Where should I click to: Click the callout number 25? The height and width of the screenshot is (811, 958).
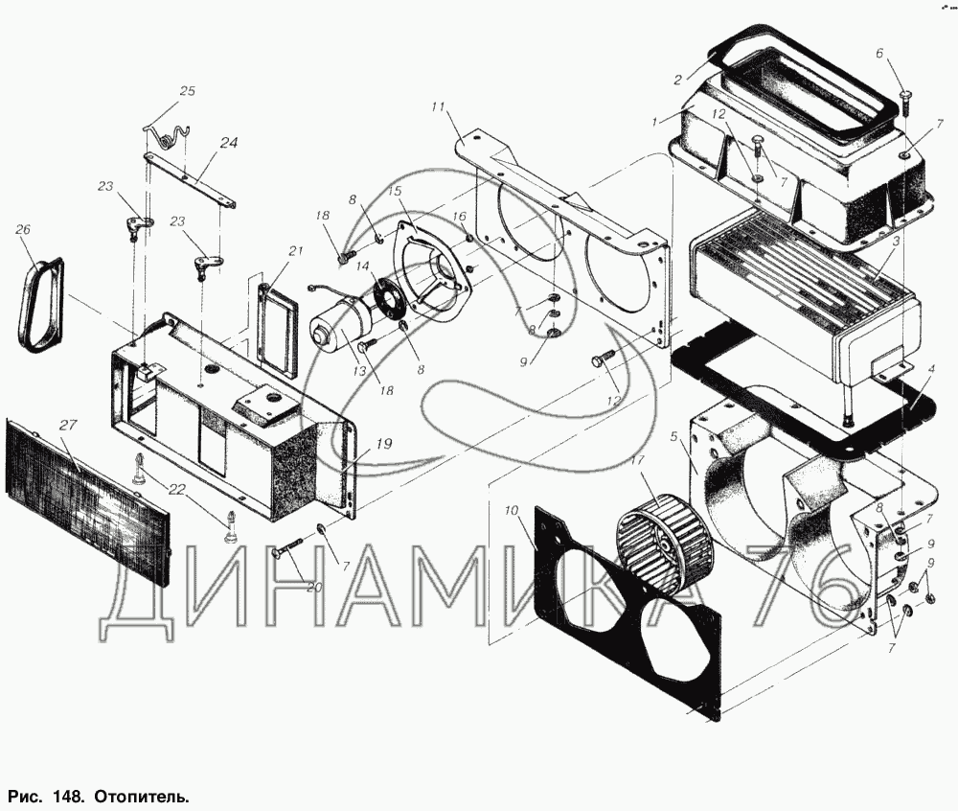(187, 92)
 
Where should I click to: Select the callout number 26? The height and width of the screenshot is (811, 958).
(23, 230)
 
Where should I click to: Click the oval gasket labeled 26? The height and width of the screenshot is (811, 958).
(39, 305)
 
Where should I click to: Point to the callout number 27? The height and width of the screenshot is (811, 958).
(68, 424)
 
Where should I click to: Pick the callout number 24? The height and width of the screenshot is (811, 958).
(229, 143)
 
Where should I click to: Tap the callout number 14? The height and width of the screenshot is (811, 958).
(363, 266)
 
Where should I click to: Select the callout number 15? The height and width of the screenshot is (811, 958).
(395, 191)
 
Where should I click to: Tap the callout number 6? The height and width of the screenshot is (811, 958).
(879, 53)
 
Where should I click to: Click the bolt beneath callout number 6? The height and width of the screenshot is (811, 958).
(905, 104)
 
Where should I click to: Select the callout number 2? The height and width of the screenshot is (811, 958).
(677, 81)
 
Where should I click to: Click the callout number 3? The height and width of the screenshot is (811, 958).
(895, 242)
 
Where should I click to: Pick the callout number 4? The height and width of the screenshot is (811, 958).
(931, 370)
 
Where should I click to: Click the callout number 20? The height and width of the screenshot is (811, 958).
(314, 587)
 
